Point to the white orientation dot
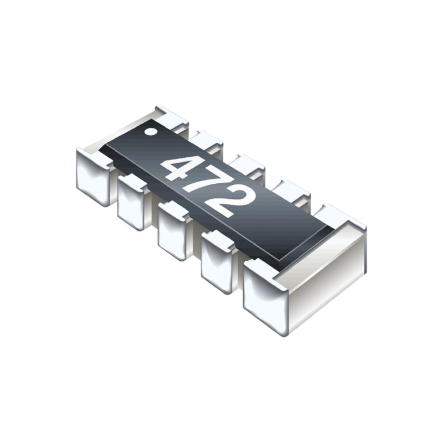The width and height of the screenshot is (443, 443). (x=150, y=132)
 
